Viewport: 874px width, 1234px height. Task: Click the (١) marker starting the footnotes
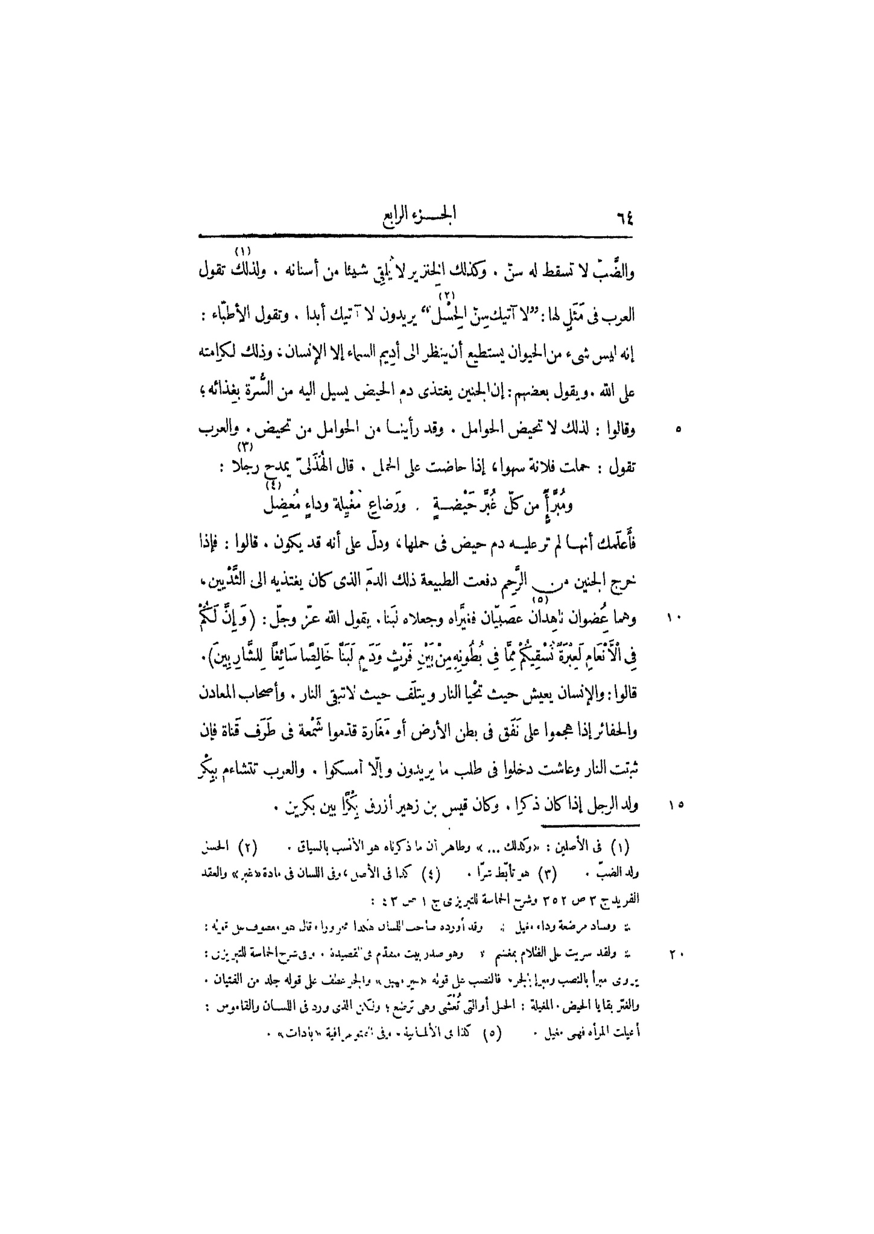(618, 848)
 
